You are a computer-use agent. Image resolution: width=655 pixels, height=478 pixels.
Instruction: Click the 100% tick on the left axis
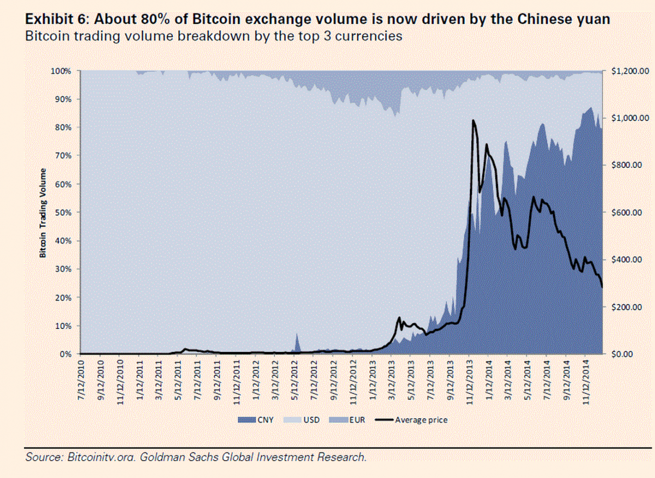[x=62, y=71]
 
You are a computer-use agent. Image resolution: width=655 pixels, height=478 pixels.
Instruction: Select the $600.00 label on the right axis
[x=627, y=212]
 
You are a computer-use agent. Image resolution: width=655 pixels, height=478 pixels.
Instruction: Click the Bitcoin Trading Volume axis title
[x=41, y=213]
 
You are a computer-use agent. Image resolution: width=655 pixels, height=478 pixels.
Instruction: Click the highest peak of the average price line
[x=473, y=120]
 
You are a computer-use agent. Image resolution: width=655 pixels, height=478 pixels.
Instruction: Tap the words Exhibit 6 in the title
[x=56, y=20]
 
